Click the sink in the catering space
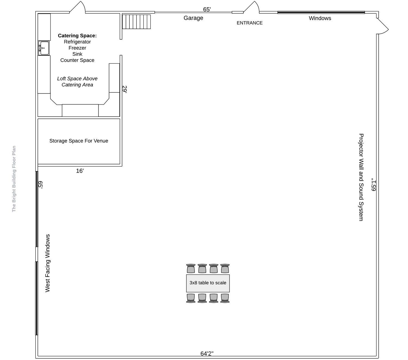coord(44,48)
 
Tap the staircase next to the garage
coord(136,22)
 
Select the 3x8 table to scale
coord(208,283)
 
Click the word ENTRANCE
coord(249,23)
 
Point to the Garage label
coord(193,18)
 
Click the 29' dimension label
coord(125,89)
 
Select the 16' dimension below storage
coord(80,171)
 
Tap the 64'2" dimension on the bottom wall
coord(207,353)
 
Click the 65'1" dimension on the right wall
coord(373,184)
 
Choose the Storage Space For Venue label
coord(79,141)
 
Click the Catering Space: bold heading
coord(77,36)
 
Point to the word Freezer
coord(77,48)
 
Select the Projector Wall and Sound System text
coord(361,177)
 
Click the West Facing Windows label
coord(47,263)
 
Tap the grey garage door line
coord(193,12)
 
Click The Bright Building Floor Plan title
coord(14,179)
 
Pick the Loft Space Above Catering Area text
coord(77,82)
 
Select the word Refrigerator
coord(77,42)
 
